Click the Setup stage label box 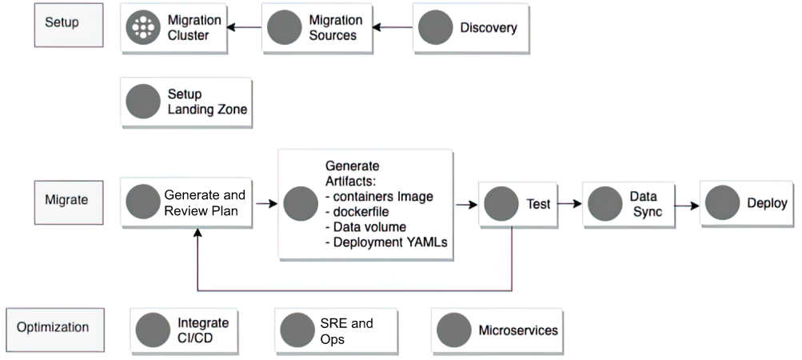[x=69, y=25]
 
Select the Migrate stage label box [x=69, y=202]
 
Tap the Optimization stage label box [x=54, y=330]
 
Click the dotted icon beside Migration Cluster [x=143, y=27]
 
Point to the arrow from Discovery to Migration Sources [x=393, y=27]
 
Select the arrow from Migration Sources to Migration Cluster [x=244, y=27]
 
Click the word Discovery [x=489, y=28]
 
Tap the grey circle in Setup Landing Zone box [x=143, y=102]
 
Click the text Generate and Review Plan [x=205, y=202]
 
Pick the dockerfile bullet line [x=357, y=211]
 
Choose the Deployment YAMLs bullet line [x=386, y=242]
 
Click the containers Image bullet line [x=379, y=197]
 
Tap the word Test [x=539, y=204]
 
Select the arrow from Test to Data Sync [x=570, y=204]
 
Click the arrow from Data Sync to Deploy [x=687, y=206]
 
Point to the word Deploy [x=767, y=203]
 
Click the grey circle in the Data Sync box [x=605, y=204]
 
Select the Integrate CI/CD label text [x=203, y=331]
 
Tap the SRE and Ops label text [x=346, y=331]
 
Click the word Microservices [x=518, y=330]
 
